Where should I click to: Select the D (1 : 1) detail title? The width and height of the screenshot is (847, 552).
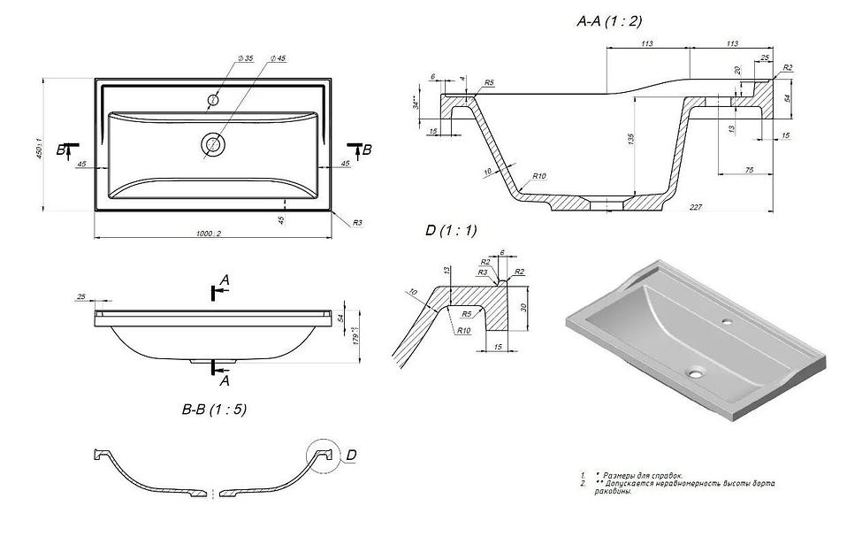(451, 231)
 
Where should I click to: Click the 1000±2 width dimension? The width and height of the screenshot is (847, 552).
(210, 233)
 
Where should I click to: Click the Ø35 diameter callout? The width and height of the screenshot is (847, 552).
(245, 57)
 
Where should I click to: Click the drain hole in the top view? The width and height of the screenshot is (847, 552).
(213, 143)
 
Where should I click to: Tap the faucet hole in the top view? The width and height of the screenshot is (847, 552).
(213, 97)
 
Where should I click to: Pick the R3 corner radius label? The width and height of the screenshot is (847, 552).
(357, 223)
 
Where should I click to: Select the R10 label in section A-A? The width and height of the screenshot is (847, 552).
(538, 176)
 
